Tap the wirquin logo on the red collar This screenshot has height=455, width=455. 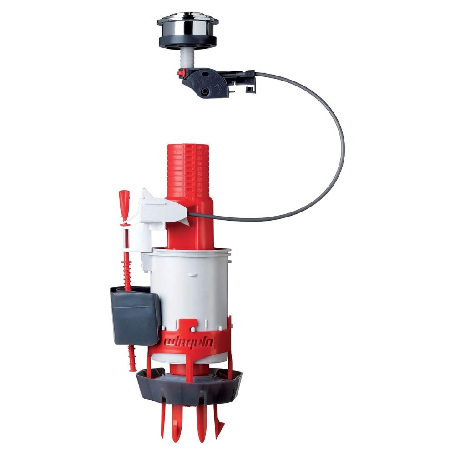(189, 342)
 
